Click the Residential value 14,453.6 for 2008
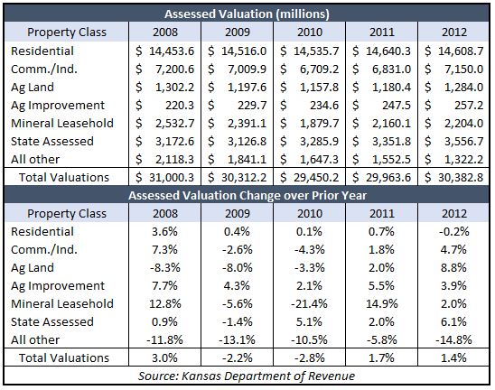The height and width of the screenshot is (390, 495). pyautogui.click(x=172, y=51)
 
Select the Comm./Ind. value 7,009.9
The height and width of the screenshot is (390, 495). pyautogui.click(x=247, y=70)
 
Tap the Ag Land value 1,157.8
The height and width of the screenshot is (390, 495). pyautogui.click(x=320, y=87)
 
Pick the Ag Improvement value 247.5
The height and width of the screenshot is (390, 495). pyautogui.click(x=397, y=105)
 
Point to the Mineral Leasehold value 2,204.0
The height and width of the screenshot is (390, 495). pyautogui.click(x=463, y=123)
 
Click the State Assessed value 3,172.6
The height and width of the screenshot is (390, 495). pyautogui.click(x=175, y=141)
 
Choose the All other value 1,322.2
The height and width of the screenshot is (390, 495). pyautogui.click(x=463, y=160)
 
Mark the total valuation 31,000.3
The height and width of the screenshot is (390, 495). pyautogui.click(x=172, y=177)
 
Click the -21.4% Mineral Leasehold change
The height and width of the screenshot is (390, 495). pyautogui.click(x=309, y=304)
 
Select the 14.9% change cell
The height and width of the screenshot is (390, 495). pyautogui.click(x=382, y=304)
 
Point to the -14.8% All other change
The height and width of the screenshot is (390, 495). pyautogui.click(x=453, y=339)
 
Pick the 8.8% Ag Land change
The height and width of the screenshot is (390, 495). pyautogui.click(x=453, y=267)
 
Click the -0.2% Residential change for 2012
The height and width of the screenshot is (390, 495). pyautogui.click(x=453, y=232)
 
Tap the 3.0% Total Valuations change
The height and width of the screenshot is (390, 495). pyautogui.click(x=164, y=357)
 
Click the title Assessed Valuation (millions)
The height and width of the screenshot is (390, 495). pyautogui.click(x=247, y=14)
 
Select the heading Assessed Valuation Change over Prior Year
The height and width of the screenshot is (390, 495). pyautogui.click(x=247, y=195)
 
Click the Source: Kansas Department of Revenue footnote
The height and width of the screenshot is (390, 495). pyautogui.click(x=247, y=376)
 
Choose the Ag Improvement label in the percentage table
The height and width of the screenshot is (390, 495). pyautogui.click(x=58, y=286)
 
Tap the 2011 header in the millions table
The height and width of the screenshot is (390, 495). pyautogui.click(x=382, y=32)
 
